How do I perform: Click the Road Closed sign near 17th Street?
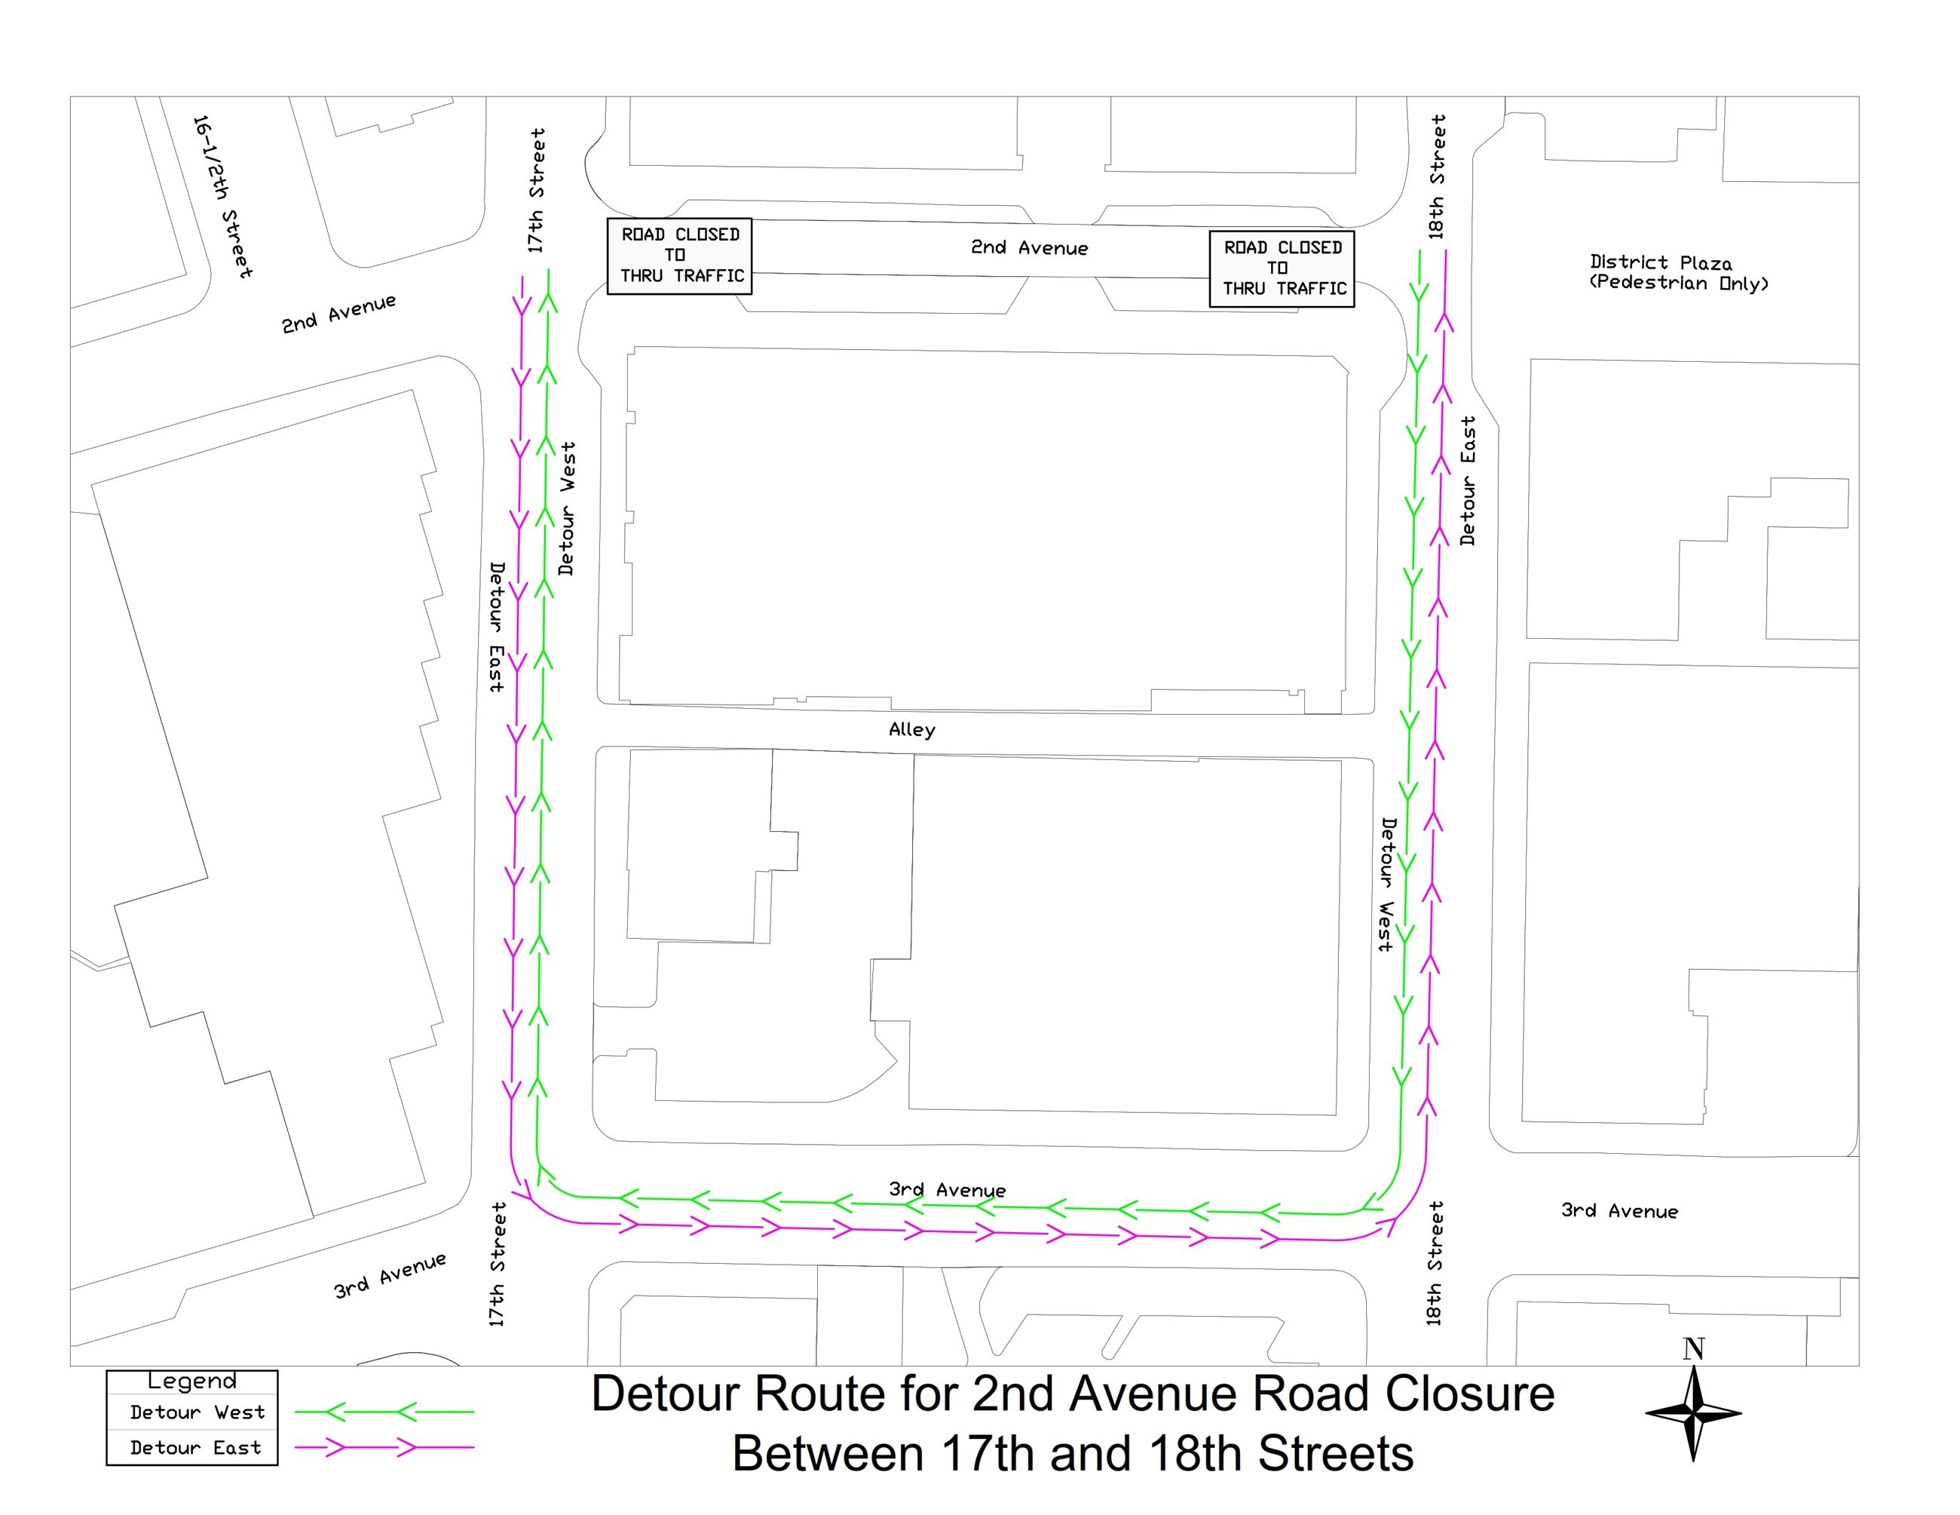(679, 256)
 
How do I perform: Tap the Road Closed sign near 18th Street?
(1282, 268)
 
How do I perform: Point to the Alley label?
(912, 730)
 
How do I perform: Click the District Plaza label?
(1660, 262)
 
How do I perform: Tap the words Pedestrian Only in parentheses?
(1678, 284)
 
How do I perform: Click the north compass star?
(1692, 1414)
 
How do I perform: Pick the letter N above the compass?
(1693, 1349)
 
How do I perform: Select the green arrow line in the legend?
(384, 1412)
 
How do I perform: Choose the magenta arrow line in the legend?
(384, 1448)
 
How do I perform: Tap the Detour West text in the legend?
(198, 1412)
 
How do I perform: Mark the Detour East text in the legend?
(196, 1448)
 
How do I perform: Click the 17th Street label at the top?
(536, 190)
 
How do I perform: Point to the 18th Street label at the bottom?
(1435, 1263)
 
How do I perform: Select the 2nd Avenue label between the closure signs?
(1028, 247)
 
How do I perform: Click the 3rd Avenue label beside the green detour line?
(947, 1190)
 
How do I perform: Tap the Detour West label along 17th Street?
(566, 508)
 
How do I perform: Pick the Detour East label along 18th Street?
(1467, 480)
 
